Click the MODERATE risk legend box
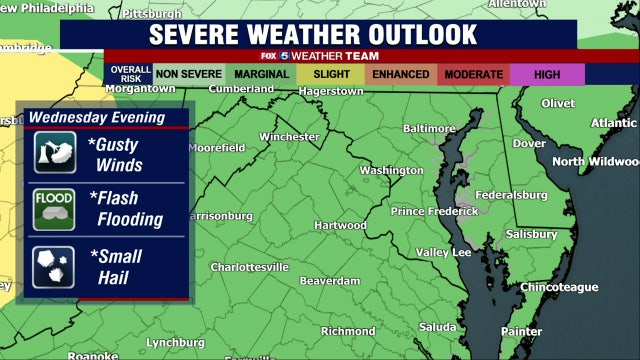pos(474,74)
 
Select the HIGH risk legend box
pos(547,74)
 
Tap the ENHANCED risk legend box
pos(400,74)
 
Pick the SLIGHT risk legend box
pos(331,74)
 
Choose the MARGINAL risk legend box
pos(262,74)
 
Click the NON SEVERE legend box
pos(189,74)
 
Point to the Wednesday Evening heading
pos(97,118)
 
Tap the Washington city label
pos(391,170)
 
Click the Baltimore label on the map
pos(429,129)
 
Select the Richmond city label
pos(348,331)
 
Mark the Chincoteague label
pos(559,287)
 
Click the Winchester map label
pos(288,137)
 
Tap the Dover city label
pos(529,143)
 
